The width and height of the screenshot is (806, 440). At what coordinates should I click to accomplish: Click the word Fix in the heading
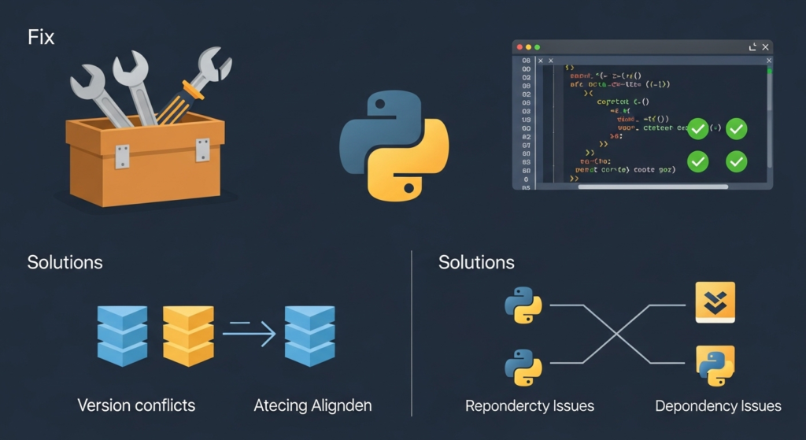pos(41,37)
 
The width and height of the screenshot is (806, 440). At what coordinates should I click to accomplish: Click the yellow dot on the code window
pos(528,47)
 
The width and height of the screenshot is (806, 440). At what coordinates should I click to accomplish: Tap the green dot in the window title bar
pos(538,47)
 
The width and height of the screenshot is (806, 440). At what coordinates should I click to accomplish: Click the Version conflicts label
pos(136,406)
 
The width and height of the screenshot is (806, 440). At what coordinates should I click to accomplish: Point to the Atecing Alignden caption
pos(312,406)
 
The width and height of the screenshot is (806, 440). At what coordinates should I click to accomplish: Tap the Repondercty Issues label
pos(530,406)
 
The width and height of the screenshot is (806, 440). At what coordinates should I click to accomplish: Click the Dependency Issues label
pos(718,406)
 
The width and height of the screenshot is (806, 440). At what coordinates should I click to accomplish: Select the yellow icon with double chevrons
pos(715,302)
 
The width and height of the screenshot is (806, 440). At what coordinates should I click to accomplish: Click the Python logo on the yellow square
pos(715,364)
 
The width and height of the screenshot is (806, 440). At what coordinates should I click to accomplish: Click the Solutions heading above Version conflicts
pos(65,262)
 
